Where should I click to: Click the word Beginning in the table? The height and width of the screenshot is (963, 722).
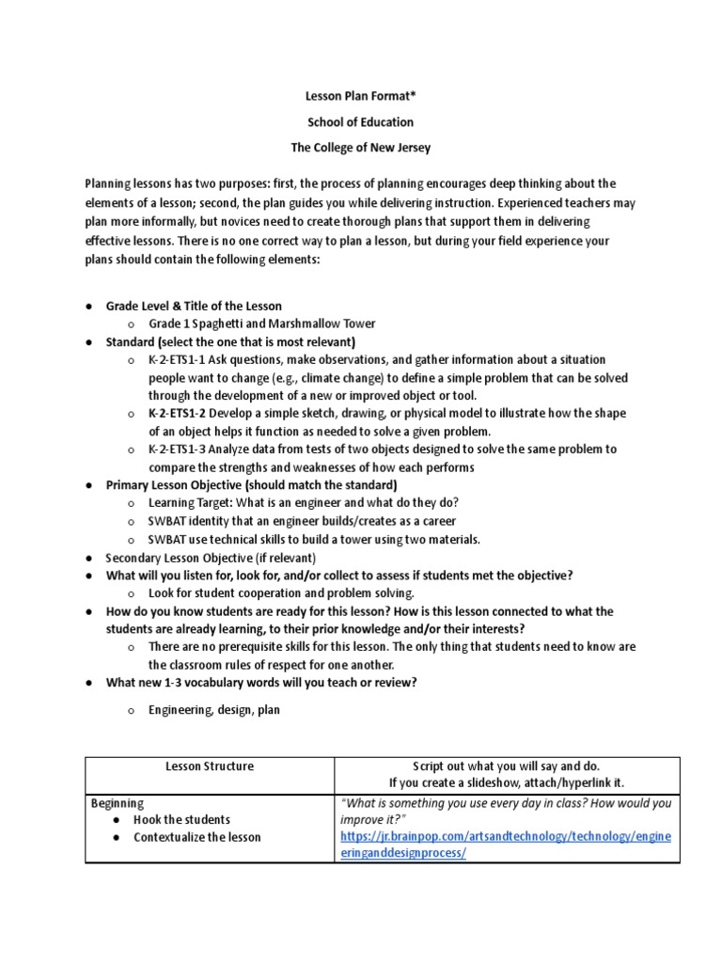tap(117, 803)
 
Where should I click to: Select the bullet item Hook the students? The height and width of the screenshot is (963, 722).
tap(181, 820)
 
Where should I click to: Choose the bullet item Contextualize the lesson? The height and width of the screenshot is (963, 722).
tap(196, 837)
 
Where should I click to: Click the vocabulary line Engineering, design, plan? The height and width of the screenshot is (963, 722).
tap(213, 710)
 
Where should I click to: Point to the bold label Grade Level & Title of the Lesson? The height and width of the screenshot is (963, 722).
tap(194, 307)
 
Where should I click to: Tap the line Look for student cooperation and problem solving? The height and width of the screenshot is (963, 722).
tap(281, 593)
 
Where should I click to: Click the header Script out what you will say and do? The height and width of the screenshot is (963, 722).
tap(506, 766)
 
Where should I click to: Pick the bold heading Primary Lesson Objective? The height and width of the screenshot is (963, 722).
tap(176, 485)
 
